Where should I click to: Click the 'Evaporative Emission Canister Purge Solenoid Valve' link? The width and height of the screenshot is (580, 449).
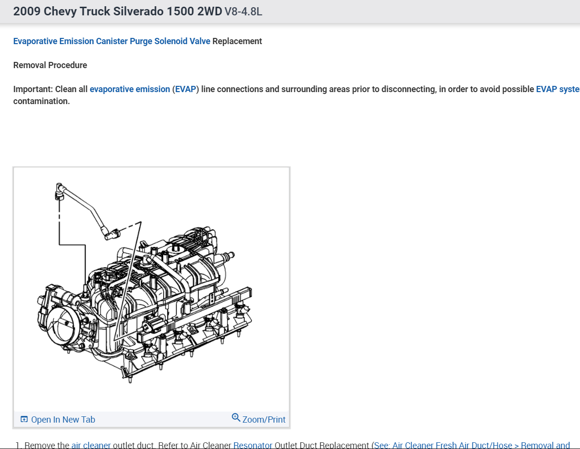pyautogui.click(x=111, y=41)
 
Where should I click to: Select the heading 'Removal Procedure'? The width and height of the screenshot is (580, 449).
pyautogui.click(x=50, y=65)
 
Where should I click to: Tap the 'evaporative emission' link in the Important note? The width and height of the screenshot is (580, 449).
pyautogui.click(x=130, y=89)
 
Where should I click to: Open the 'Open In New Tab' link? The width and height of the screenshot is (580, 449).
pyautogui.click(x=63, y=420)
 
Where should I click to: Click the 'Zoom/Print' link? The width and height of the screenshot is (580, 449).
pyautogui.click(x=264, y=420)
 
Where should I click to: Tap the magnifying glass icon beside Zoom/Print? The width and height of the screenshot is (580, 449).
pyautogui.click(x=236, y=417)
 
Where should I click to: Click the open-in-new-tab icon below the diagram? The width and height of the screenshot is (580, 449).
pyautogui.click(x=24, y=420)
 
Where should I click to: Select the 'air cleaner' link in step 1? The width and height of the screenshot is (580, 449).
pyautogui.click(x=91, y=445)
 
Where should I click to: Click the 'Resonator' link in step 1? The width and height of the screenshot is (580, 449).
pyautogui.click(x=253, y=445)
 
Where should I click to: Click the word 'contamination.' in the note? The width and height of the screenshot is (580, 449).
pyautogui.click(x=41, y=102)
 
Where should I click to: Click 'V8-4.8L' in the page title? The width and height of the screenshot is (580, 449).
pyautogui.click(x=243, y=12)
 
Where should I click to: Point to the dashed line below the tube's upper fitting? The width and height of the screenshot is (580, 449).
pyautogui.click(x=59, y=213)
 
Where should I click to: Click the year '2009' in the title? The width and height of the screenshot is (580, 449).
pyautogui.click(x=27, y=12)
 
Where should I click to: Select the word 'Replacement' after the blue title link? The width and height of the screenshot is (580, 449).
pyautogui.click(x=237, y=41)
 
